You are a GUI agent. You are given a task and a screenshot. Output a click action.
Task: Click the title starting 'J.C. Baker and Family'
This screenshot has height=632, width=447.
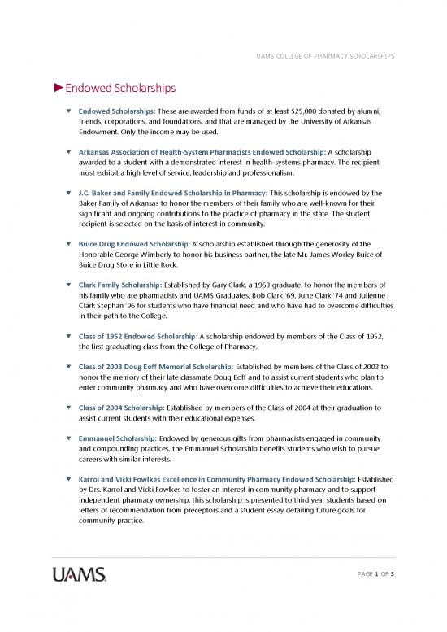[167, 192]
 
